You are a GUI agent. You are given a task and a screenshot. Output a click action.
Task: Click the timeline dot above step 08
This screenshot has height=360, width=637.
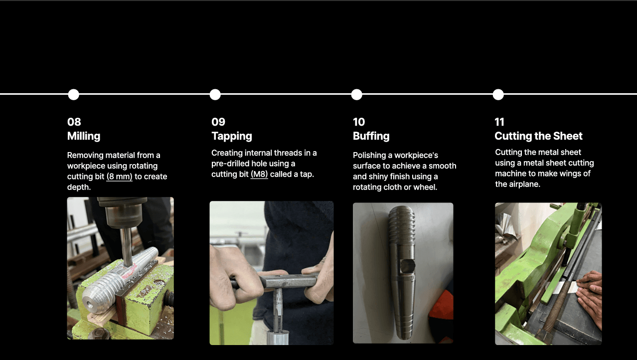point(74,94)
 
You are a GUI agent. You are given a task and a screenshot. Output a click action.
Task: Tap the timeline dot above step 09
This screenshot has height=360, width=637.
point(215,94)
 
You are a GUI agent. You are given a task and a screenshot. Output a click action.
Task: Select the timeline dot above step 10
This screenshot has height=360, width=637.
point(356,94)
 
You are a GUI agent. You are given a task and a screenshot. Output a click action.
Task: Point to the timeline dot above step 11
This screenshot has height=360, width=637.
point(498,94)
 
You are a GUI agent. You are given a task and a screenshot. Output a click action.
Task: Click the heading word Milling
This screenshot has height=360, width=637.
point(84,136)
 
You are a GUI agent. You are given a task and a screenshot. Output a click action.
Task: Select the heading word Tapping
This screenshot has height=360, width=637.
point(232,136)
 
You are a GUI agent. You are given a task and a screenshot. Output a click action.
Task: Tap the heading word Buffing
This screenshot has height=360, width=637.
point(371,136)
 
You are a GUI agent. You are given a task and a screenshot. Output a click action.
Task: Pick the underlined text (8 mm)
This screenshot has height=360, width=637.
point(120,177)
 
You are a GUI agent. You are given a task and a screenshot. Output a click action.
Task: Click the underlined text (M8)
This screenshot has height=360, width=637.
point(259,174)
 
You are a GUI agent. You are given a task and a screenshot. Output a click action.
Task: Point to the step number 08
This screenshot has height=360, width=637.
point(74,122)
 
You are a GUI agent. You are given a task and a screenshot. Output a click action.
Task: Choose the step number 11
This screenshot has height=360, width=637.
point(499,122)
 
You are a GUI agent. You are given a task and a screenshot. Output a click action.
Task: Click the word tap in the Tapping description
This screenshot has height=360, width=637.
point(307,174)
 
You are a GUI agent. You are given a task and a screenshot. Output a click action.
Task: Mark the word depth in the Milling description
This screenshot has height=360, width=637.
point(79,187)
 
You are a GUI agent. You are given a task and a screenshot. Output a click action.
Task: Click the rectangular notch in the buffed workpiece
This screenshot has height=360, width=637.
point(407,266)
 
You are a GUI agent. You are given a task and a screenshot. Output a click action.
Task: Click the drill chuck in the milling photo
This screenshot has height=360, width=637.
point(122,212)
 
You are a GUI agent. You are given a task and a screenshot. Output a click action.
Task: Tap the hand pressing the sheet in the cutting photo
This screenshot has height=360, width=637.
point(590,296)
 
